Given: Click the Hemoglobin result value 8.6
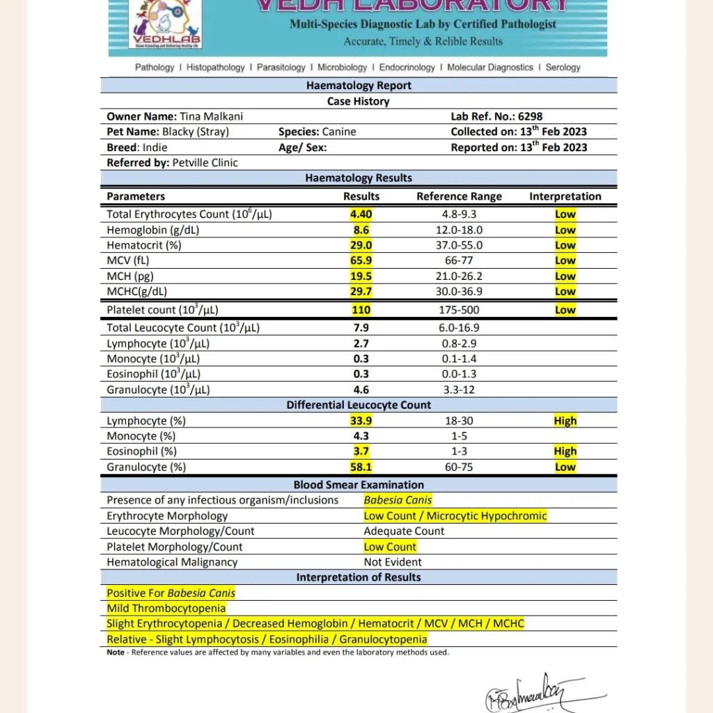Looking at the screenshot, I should click(361, 230).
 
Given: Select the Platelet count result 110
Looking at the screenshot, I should click(361, 310).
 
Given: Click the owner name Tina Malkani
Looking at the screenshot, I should click(211, 116).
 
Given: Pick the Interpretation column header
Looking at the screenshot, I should click(565, 196).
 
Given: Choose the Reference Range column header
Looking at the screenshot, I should click(459, 196).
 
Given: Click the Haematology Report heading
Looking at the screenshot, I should click(359, 86).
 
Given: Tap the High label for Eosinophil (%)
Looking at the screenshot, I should click(565, 451).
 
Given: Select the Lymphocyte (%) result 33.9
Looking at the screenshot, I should click(361, 421).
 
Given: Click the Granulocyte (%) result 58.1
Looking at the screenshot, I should click(361, 467).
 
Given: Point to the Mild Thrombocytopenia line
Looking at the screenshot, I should click(166, 608).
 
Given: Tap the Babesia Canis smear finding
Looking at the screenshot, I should click(398, 500).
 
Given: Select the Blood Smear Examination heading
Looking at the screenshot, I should click(359, 485).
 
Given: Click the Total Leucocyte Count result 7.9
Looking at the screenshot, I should click(361, 327).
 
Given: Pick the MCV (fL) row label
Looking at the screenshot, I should click(128, 260).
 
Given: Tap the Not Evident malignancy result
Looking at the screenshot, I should click(393, 562).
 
